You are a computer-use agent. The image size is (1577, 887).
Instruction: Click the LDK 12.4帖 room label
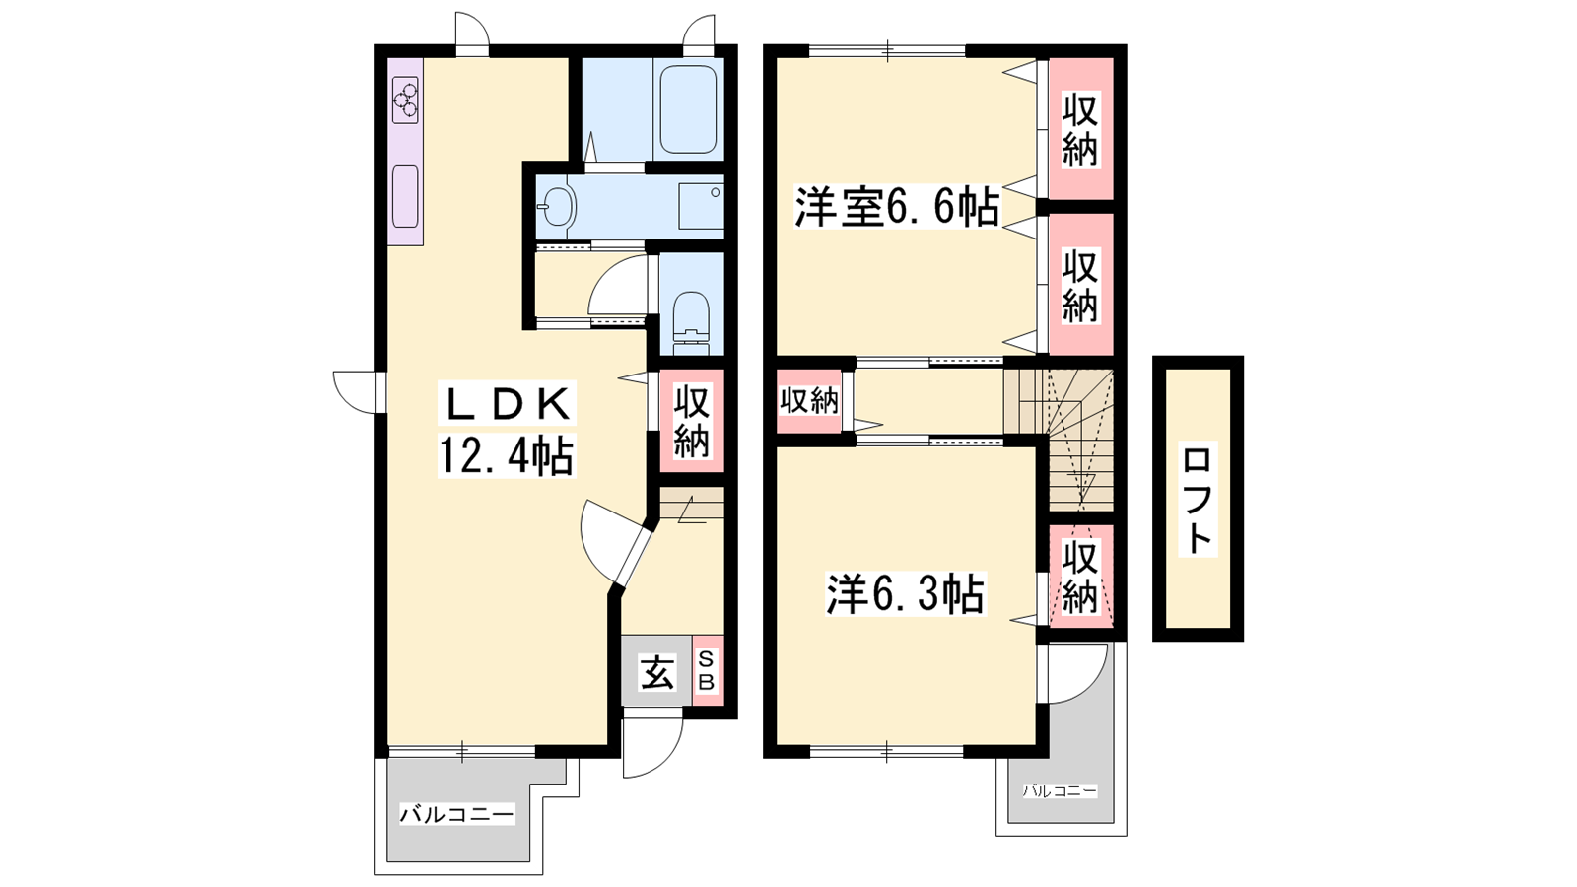click(x=507, y=430)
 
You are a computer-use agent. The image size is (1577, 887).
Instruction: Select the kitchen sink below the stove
click(x=405, y=196)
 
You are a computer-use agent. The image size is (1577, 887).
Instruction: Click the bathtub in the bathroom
click(x=688, y=109)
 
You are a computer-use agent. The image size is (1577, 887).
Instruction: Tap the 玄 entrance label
click(x=656, y=672)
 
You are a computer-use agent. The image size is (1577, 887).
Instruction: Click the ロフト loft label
click(x=1198, y=500)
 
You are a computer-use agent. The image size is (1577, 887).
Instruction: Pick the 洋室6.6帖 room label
click(x=898, y=206)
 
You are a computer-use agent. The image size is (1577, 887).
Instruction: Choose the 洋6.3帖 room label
click(x=906, y=594)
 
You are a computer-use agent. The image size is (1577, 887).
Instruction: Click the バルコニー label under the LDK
click(x=457, y=815)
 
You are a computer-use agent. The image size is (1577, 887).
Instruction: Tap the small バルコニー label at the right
click(x=1060, y=791)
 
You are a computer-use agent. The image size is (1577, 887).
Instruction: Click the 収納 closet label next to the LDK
click(x=691, y=421)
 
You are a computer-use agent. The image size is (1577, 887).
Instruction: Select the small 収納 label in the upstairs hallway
click(x=809, y=400)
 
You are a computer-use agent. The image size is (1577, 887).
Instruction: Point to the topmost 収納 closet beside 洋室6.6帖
click(x=1080, y=129)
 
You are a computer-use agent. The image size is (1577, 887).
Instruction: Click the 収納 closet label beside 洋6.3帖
click(x=1080, y=577)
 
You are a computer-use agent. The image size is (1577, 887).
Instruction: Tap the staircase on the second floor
click(x=1059, y=440)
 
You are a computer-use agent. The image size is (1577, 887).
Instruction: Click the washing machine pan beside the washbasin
click(x=701, y=206)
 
